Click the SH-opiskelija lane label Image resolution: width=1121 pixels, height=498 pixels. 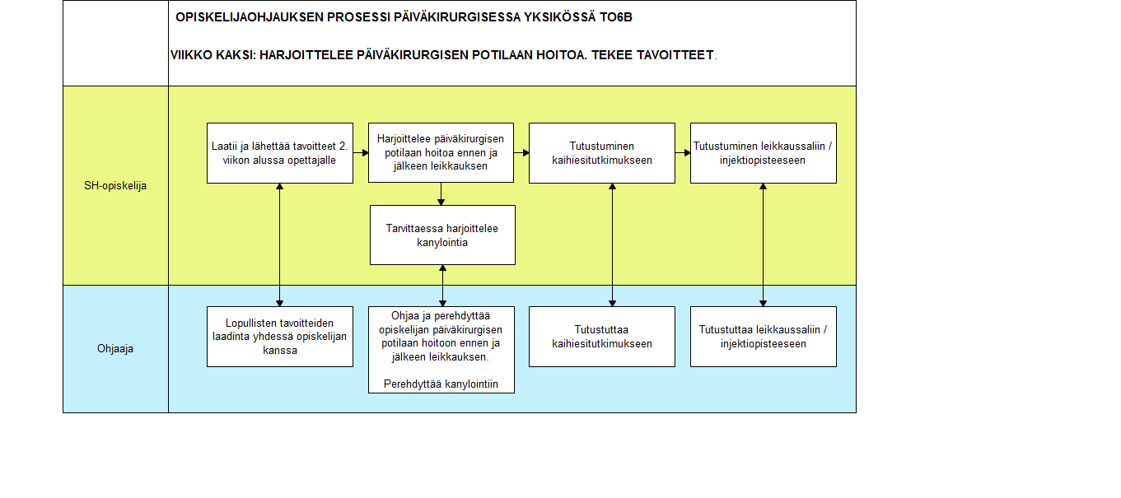pos(115,185)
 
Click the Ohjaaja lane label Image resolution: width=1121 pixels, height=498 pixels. pos(115,348)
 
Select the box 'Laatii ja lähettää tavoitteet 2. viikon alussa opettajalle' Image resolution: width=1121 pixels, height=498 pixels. pos(280,153)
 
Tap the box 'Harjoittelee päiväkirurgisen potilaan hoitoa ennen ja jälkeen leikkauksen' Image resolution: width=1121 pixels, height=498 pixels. pos(441,152)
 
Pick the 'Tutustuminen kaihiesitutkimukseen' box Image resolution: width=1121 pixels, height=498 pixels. pos(602,153)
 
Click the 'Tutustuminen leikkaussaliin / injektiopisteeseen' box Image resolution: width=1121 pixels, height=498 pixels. pos(764,153)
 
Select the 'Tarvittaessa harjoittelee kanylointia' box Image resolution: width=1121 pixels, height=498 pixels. pos(442,235)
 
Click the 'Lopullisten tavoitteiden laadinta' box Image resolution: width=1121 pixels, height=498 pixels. pos(280,337)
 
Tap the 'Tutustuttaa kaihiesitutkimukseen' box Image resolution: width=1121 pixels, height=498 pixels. pos(602,337)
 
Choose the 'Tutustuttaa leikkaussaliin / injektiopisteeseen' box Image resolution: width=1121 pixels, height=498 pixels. pos(764,337)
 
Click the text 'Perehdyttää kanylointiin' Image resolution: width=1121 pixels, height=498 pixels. pos(441,384)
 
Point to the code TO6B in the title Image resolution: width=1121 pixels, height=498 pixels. pos(616,17)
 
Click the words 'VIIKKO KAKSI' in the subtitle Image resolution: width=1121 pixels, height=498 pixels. pos(213,55)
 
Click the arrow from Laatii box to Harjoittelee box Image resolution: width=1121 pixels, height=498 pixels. pos(361,152)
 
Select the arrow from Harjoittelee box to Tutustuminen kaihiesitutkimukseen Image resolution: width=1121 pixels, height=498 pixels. pos(521,152)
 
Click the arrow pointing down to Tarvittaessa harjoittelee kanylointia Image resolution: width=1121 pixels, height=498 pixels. pos(441,194)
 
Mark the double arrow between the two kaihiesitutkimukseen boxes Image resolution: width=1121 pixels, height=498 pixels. pos(612,245)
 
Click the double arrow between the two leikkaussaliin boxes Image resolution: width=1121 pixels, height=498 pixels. pos(763,245)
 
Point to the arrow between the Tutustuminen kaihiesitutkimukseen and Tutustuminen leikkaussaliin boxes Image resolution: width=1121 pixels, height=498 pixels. pos(683,152)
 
